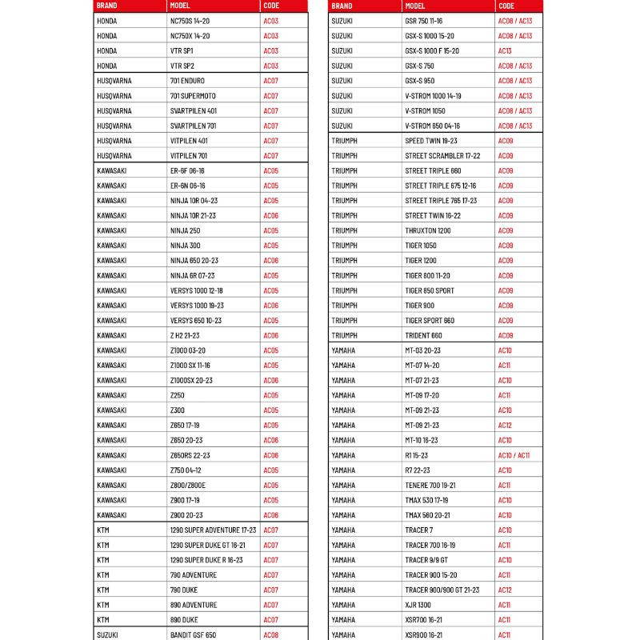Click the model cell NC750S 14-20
coord(190,21)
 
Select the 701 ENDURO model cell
coord(187,81)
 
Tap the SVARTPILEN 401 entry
coord(193,110)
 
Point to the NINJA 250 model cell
coord(185,230)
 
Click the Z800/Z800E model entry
coord(188,486)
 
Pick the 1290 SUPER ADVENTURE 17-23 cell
coord(213,530)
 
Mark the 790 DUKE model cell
coord(183,590)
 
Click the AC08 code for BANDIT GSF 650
coord(271,635)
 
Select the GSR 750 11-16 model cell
coord(428,21)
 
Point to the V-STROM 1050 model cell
coord(425,110)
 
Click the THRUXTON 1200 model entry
coord(428,230)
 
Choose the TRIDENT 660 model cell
coord(423,335)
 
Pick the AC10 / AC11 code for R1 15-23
coord(514,455)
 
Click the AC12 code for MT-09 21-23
coord(505,426)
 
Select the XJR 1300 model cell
coord(418,606)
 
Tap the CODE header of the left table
coord(271,6)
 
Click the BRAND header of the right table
coord(342,6)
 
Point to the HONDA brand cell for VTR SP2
coord(106,66)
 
